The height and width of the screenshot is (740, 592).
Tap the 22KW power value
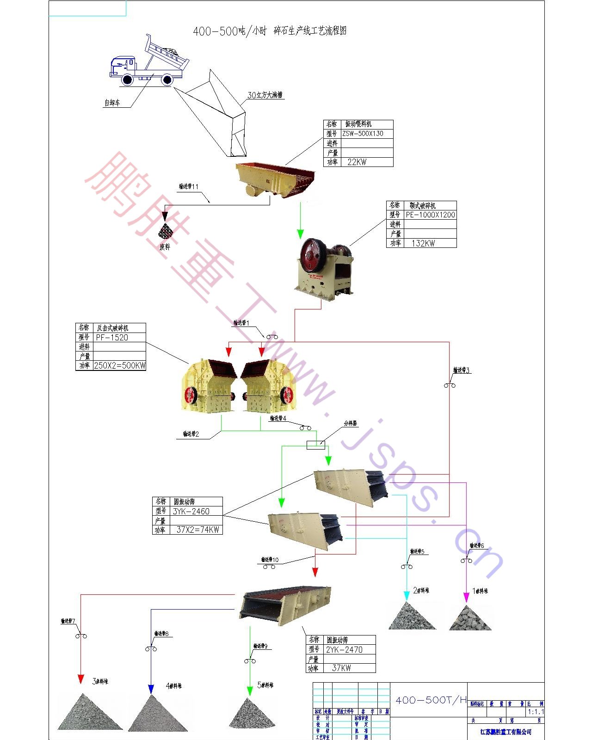click(357, 162)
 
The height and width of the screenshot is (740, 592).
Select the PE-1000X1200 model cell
click(430, 215)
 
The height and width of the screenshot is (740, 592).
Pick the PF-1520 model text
click(112, 337)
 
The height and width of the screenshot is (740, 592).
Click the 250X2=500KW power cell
click(120, 365)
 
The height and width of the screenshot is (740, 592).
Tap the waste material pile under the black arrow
click(165, 231)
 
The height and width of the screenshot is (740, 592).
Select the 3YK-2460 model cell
click(191, 511)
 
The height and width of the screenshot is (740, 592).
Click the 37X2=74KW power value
click(197, 530)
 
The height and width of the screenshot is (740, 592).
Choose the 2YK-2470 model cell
click(344, 649)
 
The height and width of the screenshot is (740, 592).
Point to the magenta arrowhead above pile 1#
click(466, 597)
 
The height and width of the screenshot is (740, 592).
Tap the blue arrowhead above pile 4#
click(151, 689)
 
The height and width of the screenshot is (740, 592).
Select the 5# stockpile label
click(265, 685)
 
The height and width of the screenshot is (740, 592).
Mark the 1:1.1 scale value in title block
click(536, 712)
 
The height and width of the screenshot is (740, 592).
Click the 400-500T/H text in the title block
click(431, 700)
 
